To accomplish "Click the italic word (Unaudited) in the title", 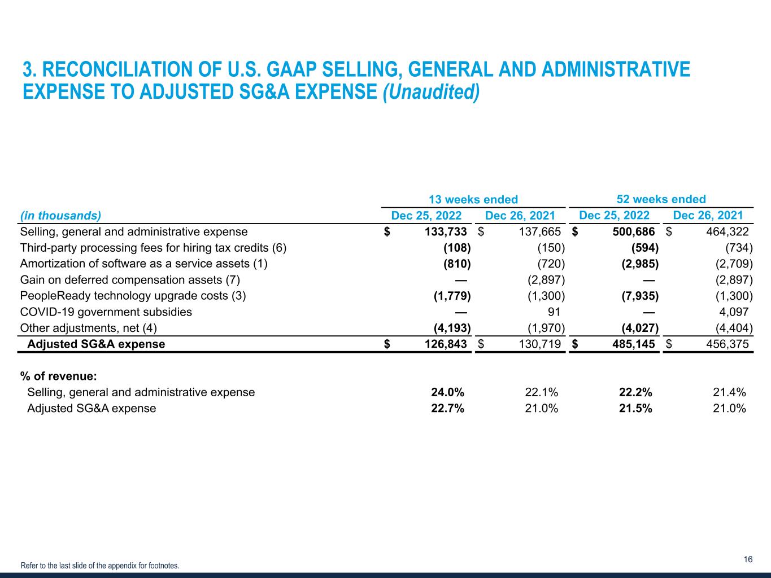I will click(x=431, y=92).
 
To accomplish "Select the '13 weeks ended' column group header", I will click(x=473, y=199).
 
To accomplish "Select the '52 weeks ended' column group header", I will click(x=661, y=199).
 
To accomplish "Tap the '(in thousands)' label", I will click(x=60, y=216).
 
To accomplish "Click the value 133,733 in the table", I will click(x=445, y=231).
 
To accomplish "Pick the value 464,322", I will click(x=727, y=231).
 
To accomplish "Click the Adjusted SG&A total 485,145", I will click(x=633, y=344).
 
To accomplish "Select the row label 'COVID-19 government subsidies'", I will click(x=106, y=312).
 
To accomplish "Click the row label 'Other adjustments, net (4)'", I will click(x=88, y=328).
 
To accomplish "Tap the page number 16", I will click(x=748, y=560).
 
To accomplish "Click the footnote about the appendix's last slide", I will click(x=100, y=566).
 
